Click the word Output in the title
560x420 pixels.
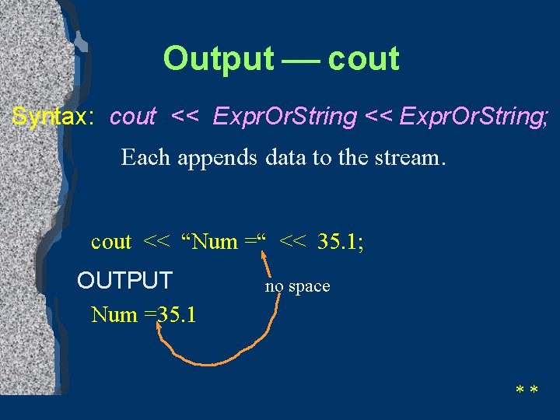(219, 59)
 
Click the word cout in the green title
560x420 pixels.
(363, 59)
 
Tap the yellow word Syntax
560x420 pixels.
(53, 117)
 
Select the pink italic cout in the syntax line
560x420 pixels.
(133, 117)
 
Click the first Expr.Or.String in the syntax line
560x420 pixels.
(285, 117)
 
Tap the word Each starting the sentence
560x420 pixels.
(145, 158)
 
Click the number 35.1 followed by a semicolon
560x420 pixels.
(340, 242)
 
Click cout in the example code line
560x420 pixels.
(111, 242)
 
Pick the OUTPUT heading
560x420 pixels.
(124, 279)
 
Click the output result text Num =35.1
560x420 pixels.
(144, 315)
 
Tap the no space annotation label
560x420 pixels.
(297, 286)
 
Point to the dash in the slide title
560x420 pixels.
(301, 59)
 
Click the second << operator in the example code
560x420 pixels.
(292, 242)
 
